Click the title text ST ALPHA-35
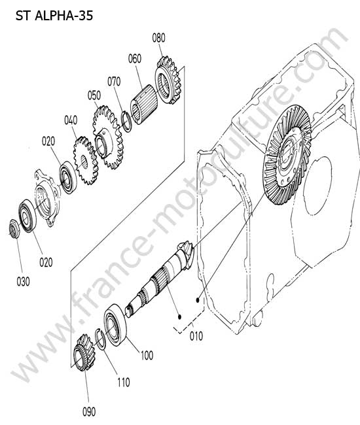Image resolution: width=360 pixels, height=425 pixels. coord(54,16)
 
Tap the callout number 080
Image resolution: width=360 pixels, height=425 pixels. coord(158,38)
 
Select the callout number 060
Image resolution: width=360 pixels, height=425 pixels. coord(135,59)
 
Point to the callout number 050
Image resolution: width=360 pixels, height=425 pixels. coord(94,95)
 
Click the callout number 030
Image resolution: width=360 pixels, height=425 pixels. coord(24,282)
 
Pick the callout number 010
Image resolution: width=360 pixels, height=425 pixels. coord(196,336)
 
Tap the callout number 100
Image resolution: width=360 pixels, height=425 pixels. coord(147,355)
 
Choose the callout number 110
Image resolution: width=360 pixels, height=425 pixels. coord(124,382)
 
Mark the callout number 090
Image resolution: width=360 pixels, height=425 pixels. coord(89,412)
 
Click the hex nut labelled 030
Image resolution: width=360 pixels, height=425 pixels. coord(14,229)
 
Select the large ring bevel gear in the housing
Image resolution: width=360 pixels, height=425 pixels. coord(288,154)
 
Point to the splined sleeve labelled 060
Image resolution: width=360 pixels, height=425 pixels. coord(143,105)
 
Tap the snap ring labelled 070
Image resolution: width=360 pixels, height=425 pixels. coord(127,122)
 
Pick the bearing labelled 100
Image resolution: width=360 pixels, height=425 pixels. coord(115,325)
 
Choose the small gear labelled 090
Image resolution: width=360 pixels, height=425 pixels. coord(84,352)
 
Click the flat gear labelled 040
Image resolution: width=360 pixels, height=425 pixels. coord(86,160)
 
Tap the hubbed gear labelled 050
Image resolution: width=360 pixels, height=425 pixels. coord(108,137)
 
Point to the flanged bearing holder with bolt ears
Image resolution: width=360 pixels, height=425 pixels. coord(46,197)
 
